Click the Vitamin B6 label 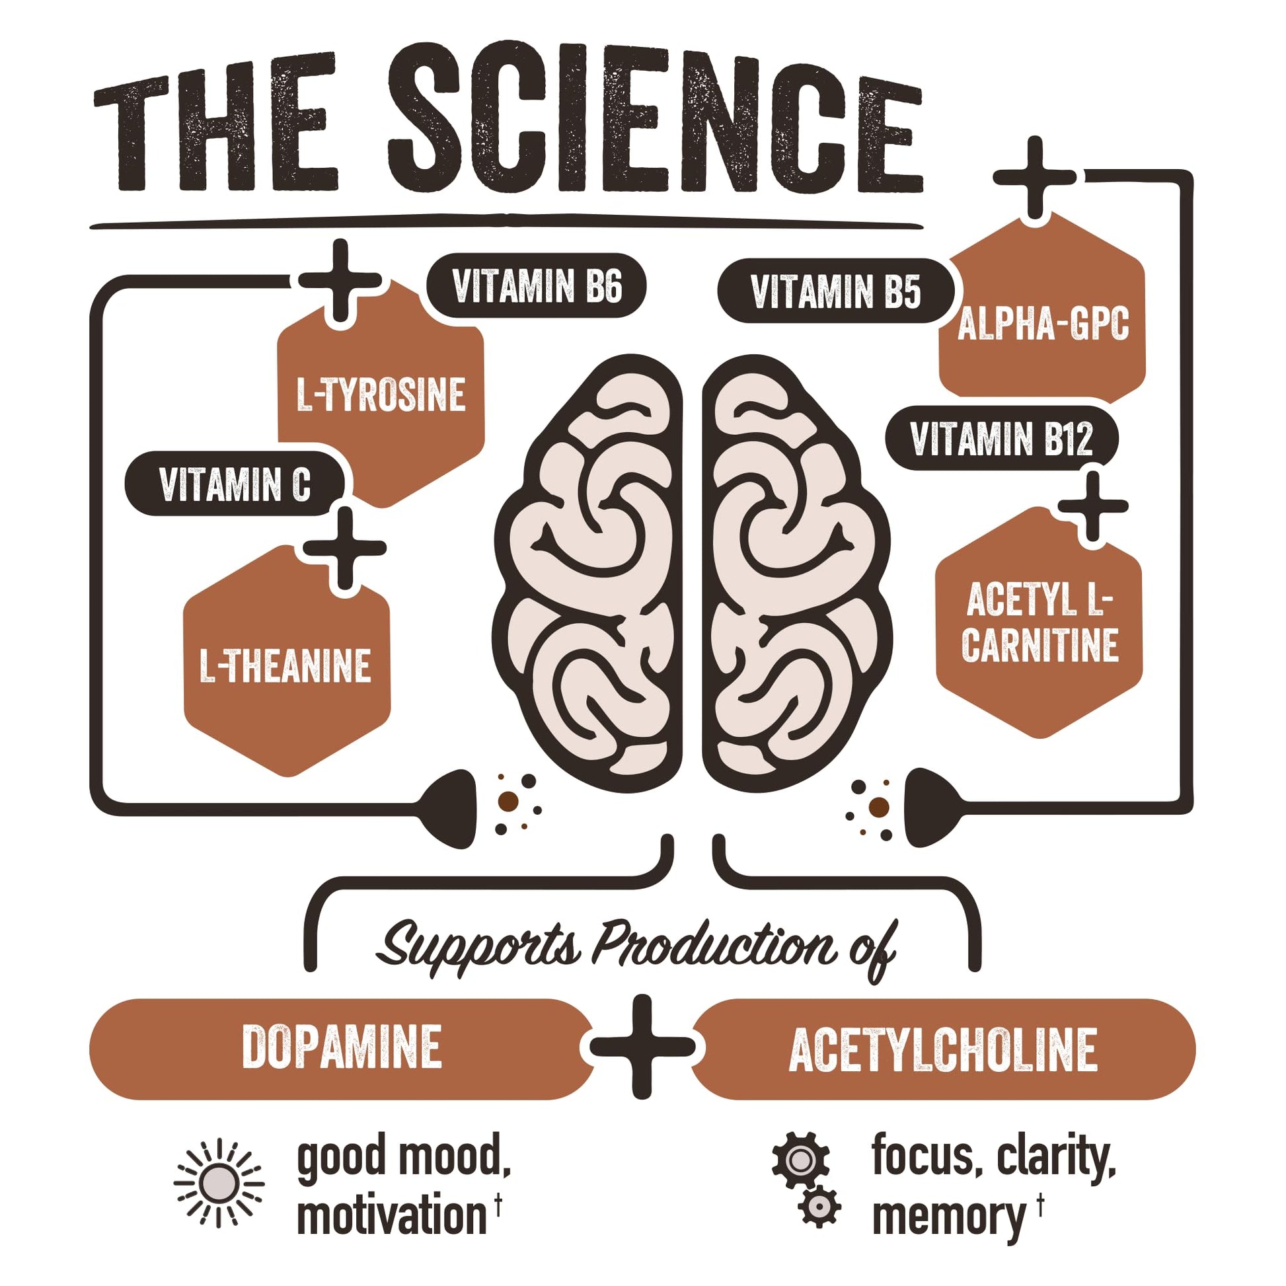(x=537, y=286)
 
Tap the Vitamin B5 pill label (x=835, y=291)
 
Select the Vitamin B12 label (x=1001, y=439)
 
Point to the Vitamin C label (x=235, y=484)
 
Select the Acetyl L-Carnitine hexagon (x=1039, y=623)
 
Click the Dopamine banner (x=341, y=1048)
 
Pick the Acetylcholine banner (x=942, y=1049)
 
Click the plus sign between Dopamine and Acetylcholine (x=642, y=1047)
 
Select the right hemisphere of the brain (x=796, y=572)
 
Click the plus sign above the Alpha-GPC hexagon (x=1034, y=177)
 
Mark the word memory (x=948, y=1216)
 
